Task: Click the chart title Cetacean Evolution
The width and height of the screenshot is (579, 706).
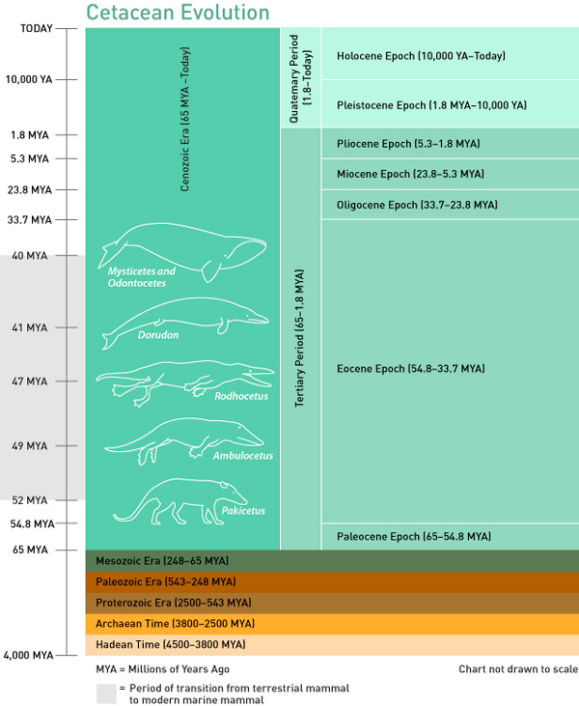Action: [x=178, y=13]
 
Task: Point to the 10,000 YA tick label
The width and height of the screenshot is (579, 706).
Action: [x=29, y=79]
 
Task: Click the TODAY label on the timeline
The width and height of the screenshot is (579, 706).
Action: [x=37, y=28]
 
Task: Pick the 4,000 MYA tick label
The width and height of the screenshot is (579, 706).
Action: [x=28, y=655]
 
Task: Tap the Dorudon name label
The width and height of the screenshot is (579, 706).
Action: [x=159, y=335]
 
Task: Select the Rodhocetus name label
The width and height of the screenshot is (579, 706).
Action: [x=241, y=395]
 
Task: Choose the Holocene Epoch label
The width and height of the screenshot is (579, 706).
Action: [x=421, y=56]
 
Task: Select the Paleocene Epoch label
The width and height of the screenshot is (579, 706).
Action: [x=414, y=536]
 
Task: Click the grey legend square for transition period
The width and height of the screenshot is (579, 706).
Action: [x=105, y=693]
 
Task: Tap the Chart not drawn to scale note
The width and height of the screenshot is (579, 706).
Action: [x=517, y=669]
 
